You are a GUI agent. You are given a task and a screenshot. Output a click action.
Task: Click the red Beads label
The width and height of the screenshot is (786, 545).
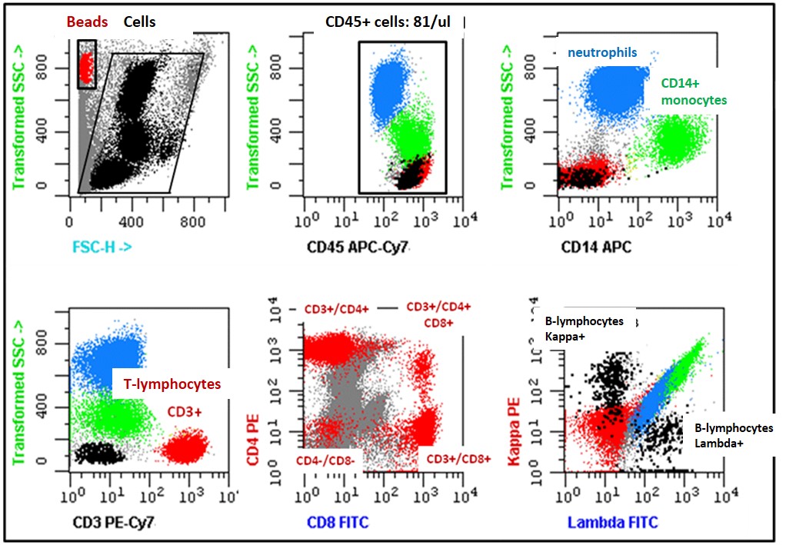tap(87, 22)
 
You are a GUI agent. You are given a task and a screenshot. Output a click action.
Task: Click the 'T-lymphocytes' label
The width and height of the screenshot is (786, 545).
tap(167, 384)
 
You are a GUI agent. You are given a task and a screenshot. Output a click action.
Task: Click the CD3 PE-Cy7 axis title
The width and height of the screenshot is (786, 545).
tap(113, 523)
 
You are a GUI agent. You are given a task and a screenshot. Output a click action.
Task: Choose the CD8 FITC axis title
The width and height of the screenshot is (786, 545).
tap(338, 523)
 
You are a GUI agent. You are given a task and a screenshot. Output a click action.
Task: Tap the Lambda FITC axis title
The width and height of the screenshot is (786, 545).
tap(613, 523)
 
